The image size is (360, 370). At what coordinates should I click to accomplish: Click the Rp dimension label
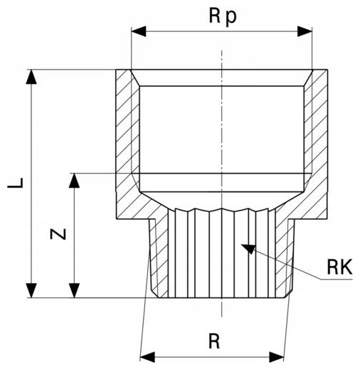point(223,16)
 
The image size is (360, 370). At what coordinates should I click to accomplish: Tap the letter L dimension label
point(16,183)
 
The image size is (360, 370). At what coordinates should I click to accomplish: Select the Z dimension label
point(58,234)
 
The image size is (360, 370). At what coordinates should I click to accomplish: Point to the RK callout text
point(339,268)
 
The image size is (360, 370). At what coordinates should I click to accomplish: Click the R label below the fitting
point(214,342)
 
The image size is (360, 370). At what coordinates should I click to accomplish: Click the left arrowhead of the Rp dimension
point(139,31)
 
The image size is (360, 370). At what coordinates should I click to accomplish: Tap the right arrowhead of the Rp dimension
point(305,31)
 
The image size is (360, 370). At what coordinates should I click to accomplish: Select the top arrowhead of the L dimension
point(31,77)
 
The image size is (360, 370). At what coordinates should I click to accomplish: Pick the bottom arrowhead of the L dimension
point(31,290)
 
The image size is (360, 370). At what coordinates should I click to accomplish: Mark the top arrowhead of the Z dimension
point(74,181)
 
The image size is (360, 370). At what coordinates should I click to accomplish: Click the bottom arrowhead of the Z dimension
point(74,290)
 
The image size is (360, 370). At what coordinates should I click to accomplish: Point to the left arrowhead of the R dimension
point(147,357)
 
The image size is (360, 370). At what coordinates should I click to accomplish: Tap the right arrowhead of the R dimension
point(277,357)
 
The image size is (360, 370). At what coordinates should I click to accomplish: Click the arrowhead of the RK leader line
point(248,248)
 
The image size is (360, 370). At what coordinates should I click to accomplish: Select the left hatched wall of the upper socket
point(127,142)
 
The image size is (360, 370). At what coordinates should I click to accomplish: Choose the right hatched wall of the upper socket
point(316,142)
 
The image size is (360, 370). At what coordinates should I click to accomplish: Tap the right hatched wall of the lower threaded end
point(284,256)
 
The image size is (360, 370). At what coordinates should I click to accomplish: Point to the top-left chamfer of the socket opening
point(135,78)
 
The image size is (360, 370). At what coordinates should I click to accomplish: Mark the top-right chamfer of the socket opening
point(308,78)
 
